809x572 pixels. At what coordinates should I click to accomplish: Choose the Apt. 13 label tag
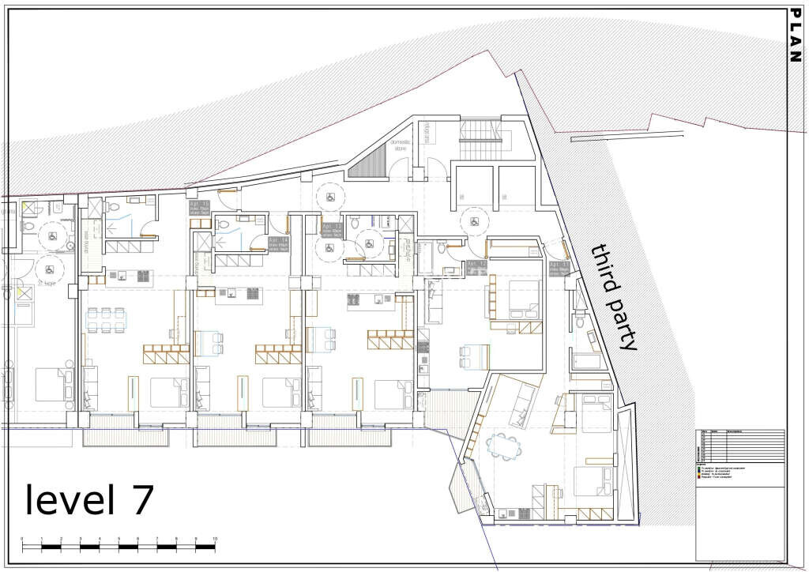coord(329,229)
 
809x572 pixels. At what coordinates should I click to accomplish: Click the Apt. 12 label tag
coord(476,267)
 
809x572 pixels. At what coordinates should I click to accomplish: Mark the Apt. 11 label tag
coord(559,269)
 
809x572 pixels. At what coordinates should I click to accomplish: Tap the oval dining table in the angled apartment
coord(504,446)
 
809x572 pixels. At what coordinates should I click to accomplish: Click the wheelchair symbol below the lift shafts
coord(474,222)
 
